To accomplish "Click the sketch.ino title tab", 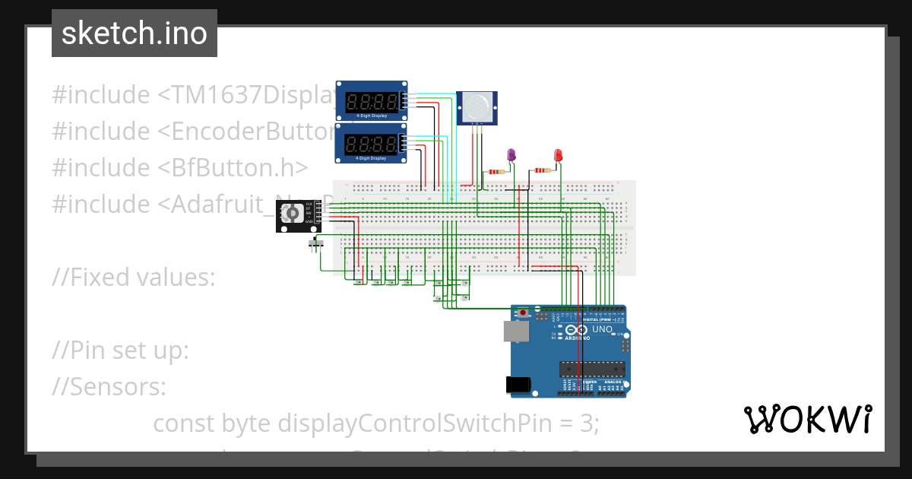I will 134,33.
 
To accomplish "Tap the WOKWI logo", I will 807,419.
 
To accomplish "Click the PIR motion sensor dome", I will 479,105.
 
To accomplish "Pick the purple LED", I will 511,156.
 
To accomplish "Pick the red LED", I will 558,156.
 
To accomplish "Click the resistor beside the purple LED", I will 496,172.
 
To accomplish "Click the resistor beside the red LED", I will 542,171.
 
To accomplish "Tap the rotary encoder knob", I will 291,215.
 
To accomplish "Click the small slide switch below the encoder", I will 317,243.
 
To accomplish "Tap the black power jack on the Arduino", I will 518,385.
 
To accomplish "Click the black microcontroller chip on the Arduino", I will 593,370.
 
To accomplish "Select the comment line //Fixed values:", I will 134,278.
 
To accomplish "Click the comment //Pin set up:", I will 120,351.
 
